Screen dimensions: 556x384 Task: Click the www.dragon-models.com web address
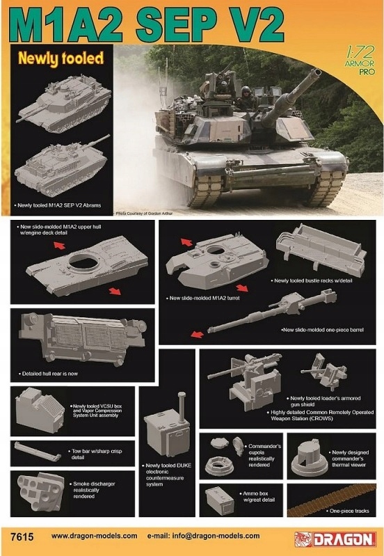click(95, 537)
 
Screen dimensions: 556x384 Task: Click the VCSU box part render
click(39, 408)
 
